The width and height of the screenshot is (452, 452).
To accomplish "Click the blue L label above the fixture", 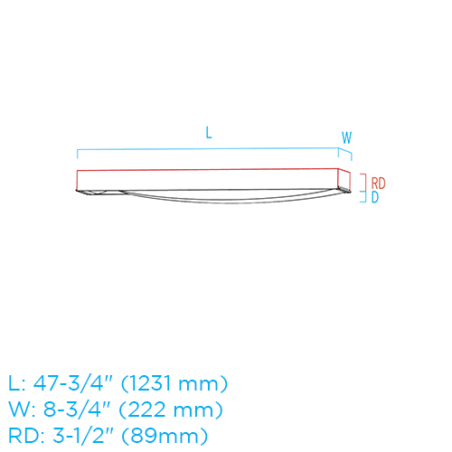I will click(209, 133).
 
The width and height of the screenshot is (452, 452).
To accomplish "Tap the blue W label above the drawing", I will click(346, 137).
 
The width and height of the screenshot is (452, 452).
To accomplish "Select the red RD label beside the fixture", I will click(378, 183).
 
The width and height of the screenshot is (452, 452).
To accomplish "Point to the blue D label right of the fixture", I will click(375, 198).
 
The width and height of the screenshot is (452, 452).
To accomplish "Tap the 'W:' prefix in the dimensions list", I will click(21, 410).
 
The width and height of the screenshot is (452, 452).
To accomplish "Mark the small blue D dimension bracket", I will click(363, 197).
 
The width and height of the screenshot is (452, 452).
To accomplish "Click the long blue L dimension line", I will click(208, 147).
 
